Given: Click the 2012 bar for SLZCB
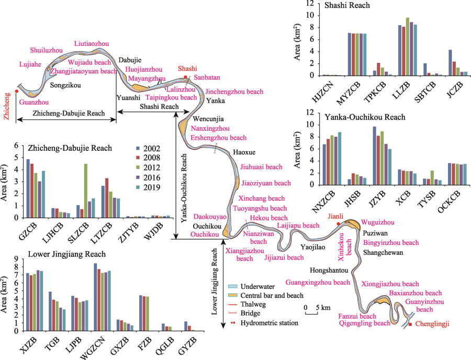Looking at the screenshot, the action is [x=86, y=190].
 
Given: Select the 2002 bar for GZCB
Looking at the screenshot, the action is [x=28, y=188].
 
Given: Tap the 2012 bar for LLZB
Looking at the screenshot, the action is [x=408, y=47].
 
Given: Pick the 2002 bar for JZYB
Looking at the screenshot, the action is [x=374, y=155].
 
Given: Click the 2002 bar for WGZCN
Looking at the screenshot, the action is [x=96, y=297].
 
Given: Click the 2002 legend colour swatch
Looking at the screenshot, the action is [x=138, y=148].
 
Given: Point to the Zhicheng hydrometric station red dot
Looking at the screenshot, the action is [x=17, y=91].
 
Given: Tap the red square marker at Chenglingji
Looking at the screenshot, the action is [x=410, y=324].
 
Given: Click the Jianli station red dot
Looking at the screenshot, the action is [x=339, y=223].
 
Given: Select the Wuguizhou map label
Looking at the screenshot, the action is [x=377, y=222].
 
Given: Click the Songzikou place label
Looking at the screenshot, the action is [x=65, y=85].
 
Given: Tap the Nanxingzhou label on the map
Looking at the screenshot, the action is [x=210, y=129].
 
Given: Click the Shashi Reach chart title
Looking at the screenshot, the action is [x=347, y=5].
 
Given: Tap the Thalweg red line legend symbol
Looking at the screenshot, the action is [x=233, y=305].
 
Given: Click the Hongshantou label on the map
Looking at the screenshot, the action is [x=329, y=271].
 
